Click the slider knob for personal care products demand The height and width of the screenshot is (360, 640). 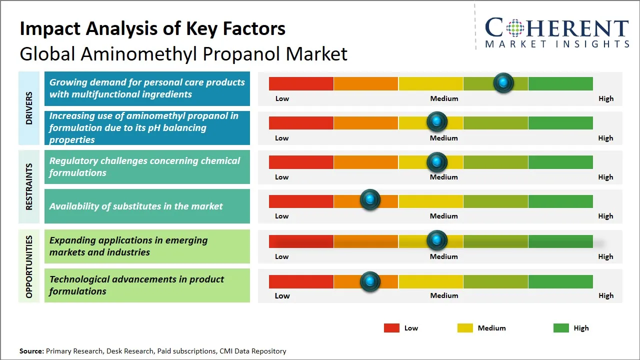(503, 83)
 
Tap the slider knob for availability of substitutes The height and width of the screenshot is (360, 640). (370, 200)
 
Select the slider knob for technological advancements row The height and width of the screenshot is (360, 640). (370, 281)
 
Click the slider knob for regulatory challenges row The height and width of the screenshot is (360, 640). (437, 162)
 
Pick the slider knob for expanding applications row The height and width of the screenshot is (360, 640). (437, 240)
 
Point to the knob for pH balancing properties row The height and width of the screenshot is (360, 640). (437, 121)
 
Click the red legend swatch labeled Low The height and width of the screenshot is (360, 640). (391, 328)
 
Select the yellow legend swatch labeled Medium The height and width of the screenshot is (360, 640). (465, 328)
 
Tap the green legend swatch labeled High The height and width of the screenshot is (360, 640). (561, 328)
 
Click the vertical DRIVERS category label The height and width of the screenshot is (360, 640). (29, 108)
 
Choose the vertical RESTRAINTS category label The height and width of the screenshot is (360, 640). (29, 186)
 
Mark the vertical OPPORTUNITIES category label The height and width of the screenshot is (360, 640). (29, 266)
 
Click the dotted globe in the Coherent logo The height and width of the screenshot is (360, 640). (514, 28)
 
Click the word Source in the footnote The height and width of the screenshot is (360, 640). (31, 351)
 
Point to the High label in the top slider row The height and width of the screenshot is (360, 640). (605, 98)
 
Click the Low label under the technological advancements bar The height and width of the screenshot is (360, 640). (282, 295)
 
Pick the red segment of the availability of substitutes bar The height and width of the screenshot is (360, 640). (301, 201)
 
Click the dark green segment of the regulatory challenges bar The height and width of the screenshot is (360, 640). (560, 162)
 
